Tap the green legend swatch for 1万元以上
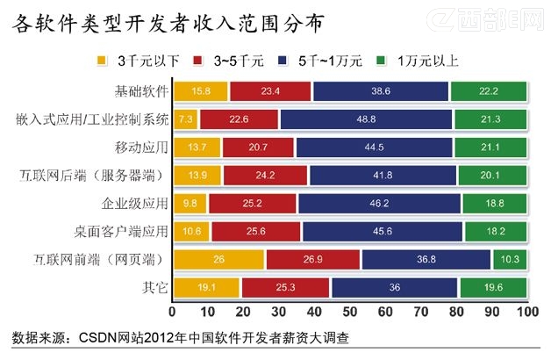tap(383, 61)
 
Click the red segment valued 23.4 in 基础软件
tap(269, 91)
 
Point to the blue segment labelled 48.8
tap(366, 119)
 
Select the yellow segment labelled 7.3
tap(186, 119)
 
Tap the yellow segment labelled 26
tap(218, 259)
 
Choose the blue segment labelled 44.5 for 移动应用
tap(374, 147)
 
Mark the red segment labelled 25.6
tap(255, 231)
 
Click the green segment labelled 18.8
tap(495, 203)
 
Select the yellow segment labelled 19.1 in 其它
tap(206, 287)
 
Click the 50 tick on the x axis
tap(349, 312)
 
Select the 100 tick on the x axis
tap(526, 312)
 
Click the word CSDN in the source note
tap(97, 337)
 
